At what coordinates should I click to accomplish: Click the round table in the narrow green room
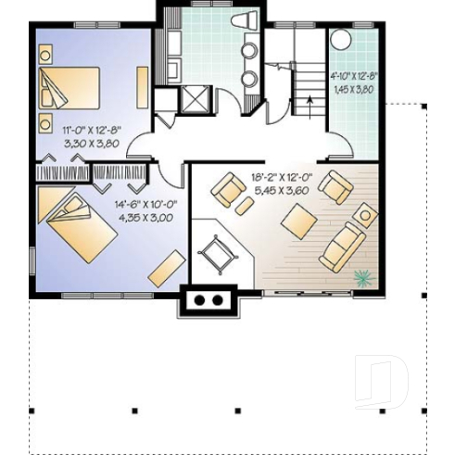341,42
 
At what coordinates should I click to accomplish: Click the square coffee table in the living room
298,221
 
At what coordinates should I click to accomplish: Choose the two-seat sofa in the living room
341,246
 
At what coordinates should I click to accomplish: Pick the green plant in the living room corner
362,276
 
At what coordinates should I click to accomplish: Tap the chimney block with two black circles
210,299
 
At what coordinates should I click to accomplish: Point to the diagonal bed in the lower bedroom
79,223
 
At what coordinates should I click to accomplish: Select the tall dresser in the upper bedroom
143,87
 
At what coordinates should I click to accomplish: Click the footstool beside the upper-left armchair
244,206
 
